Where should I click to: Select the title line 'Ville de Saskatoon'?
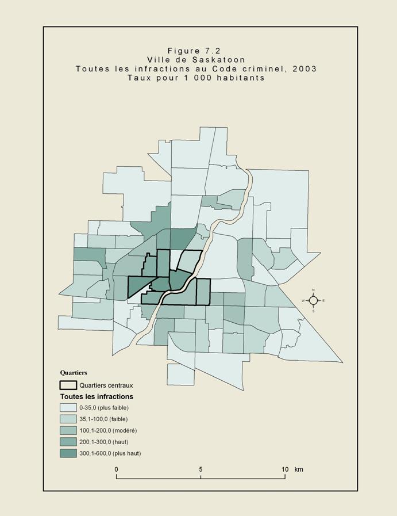tap(196, 59)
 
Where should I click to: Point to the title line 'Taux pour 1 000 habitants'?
tap(196, 78)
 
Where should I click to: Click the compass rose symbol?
tap(313, 300)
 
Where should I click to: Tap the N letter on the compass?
tap(313, 290)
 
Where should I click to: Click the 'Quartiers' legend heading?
tap(74, 373)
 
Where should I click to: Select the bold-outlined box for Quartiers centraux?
tap(68, 385)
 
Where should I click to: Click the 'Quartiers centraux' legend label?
tap(106, 385)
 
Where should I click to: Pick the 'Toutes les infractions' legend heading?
tap(97, 396)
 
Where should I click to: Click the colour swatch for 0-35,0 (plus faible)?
tap(68, 407)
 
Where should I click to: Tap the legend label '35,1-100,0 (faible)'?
tap(107, 419)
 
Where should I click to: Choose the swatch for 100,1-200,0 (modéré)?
tap(68, 430)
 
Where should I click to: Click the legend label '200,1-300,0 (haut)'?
tap(106, 442)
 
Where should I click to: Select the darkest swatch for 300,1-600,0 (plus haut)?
tap(68, 453)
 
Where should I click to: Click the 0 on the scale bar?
tap(117, 469)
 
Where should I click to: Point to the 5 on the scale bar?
tap(201, 469)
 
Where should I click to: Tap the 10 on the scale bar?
tap(284, 469)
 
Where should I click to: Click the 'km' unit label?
tap(299, 469)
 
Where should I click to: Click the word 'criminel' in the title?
tap(269, 68)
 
